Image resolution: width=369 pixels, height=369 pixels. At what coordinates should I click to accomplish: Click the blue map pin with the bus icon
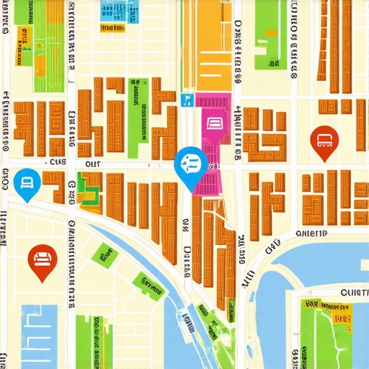point(191,164)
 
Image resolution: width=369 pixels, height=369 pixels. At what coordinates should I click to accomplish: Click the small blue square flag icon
point(187,100)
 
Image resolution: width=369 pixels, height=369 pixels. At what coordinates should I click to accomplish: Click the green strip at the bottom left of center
point(94,339)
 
